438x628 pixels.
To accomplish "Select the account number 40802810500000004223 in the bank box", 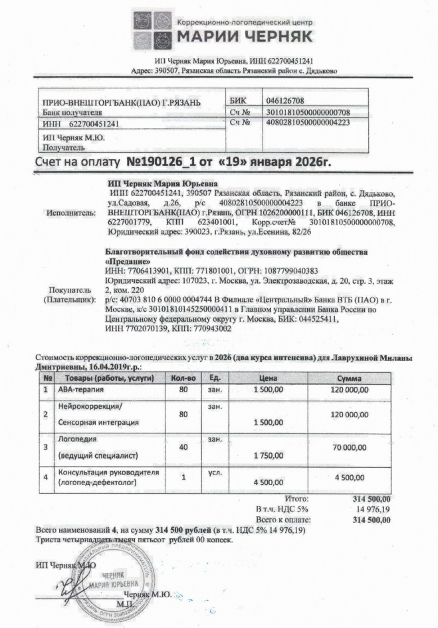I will (x=308, y=123).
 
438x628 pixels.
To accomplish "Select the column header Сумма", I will (x=348, y=378).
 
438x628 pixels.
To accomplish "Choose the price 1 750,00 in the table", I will (x=269, y=456).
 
